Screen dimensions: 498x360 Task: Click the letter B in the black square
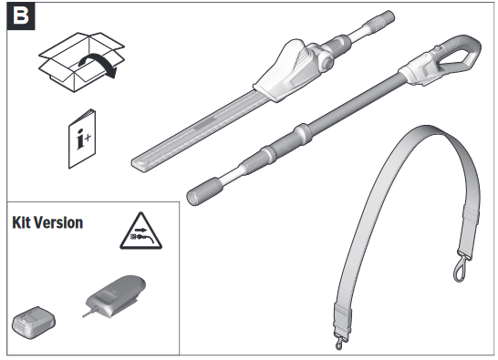pyautogui.click(x=20, y=15)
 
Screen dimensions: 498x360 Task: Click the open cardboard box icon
pyautogui.click(x=81, y=62)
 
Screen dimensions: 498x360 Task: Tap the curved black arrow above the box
pyautogui.click(x=99, y=65)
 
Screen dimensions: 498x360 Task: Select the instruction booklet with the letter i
pyautogui.click(x=82, y=139)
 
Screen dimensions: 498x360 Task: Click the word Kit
pyautogui.click(x=21, y=222)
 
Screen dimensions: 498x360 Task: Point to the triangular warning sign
pyautogui.click(x=140, y=231)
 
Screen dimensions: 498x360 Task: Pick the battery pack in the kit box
pyautogui.click(x=34, y=323)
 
